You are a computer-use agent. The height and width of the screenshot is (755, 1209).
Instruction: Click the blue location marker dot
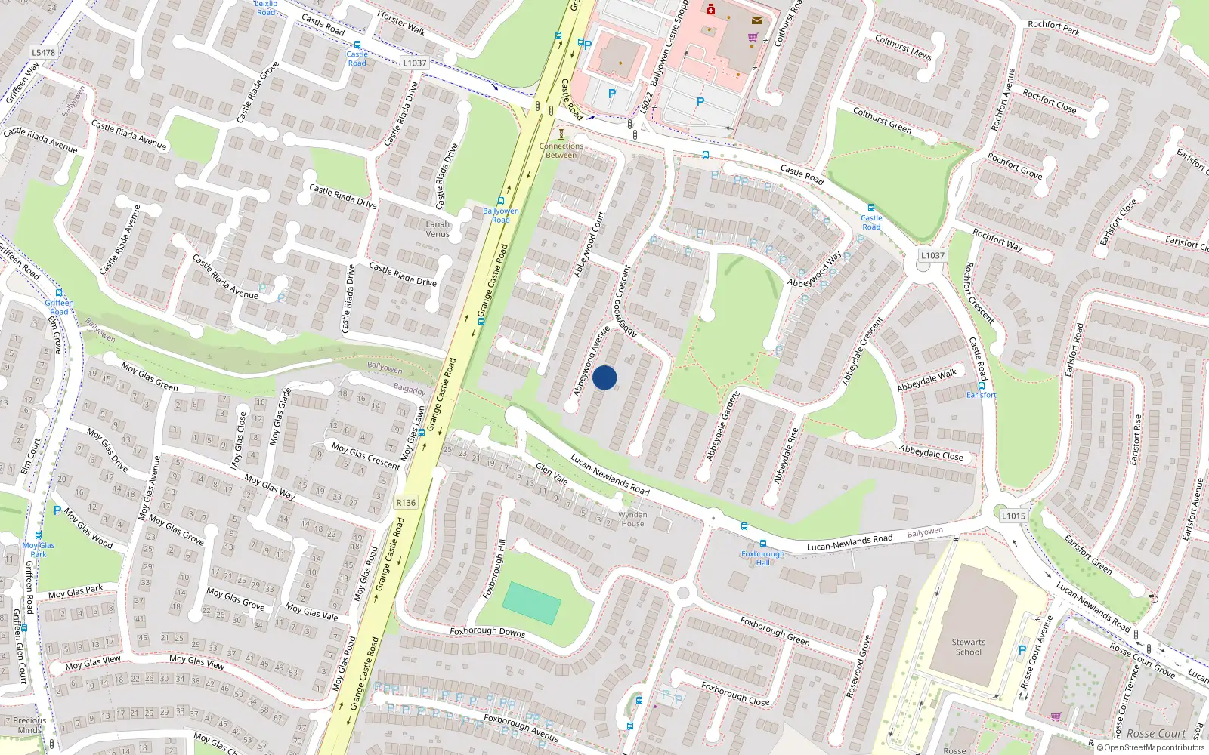point(604,377)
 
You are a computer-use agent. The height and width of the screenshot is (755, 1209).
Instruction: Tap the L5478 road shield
point(43,52)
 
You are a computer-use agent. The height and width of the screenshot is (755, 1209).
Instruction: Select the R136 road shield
point(406,502)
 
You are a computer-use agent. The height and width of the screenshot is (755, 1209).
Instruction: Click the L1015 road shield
point(1013,516)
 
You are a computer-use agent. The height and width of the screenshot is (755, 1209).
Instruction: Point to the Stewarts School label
point(969,647)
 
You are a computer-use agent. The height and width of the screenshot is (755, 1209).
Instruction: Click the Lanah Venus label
point(438,229)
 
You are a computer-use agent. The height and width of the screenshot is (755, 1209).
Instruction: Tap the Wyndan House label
point(632,519)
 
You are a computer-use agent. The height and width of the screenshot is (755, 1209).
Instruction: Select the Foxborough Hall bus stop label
point(762,558)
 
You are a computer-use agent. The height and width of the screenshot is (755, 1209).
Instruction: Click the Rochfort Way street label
point(997,240)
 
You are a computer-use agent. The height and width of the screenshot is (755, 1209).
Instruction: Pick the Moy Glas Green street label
point(150,377)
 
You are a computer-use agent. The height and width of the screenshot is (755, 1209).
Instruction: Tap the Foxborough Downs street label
point(487,631)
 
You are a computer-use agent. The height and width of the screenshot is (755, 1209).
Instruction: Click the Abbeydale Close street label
point(931,452)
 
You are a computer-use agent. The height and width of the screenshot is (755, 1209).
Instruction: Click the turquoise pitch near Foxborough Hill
point(532,602)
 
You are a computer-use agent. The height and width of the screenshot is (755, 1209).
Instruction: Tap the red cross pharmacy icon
point(711,10)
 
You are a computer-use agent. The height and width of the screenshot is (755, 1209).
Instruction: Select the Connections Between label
point(561,150)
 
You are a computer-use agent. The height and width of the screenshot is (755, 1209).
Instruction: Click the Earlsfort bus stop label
point(982,395)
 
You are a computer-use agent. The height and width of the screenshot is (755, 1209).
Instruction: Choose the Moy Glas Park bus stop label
point(39,549)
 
